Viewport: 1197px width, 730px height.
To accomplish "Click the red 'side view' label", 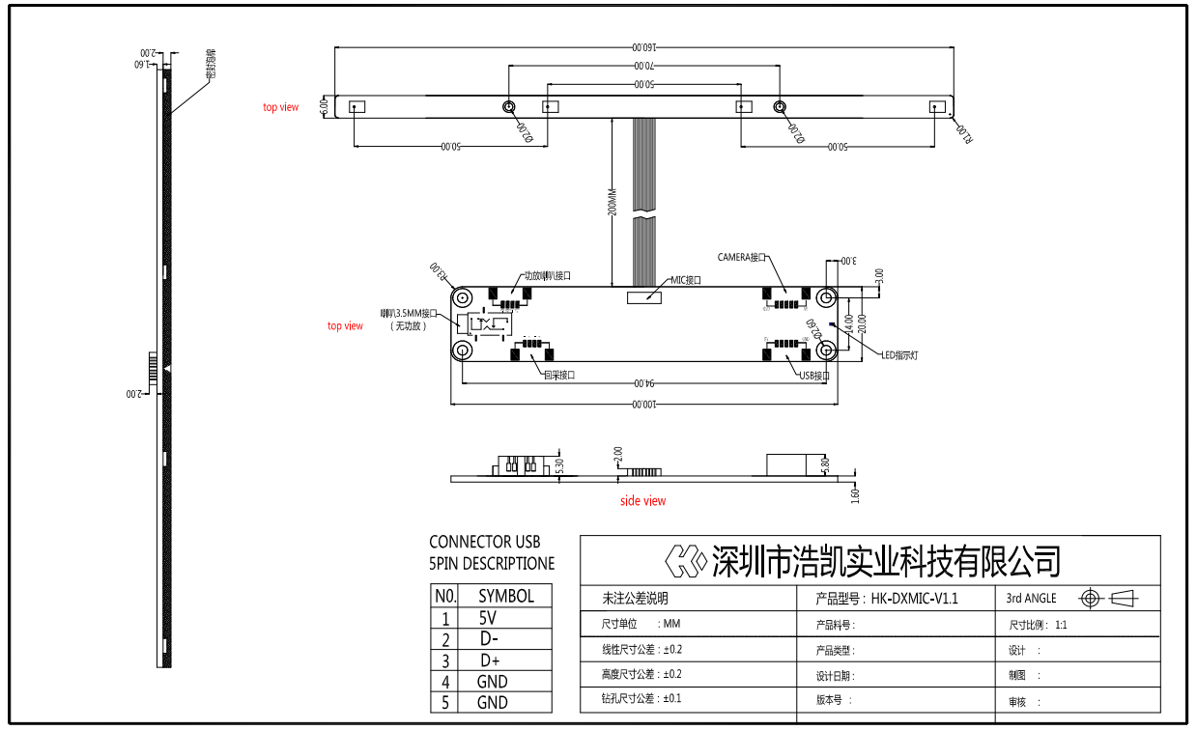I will tap(642, 500).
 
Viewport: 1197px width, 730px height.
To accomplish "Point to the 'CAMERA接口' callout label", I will tap(741, 258).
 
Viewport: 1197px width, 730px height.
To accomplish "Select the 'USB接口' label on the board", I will tap(814, 375).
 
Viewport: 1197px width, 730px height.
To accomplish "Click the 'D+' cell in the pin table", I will tap(490, 660).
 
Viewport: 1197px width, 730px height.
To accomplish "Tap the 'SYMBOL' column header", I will tap(505, 596).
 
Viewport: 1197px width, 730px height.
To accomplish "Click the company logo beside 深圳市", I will tap(686, 559).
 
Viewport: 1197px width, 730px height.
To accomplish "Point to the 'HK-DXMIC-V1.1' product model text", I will tap(914, 599).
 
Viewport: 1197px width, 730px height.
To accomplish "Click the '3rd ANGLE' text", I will tap(1031, 599).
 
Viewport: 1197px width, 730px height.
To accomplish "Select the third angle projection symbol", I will tap(1109, 599).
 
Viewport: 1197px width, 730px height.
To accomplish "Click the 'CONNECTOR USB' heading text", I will tap(484, 542).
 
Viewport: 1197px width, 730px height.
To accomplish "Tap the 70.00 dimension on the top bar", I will tap(642, 66).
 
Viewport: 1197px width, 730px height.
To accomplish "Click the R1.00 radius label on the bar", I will tap(964, 132).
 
